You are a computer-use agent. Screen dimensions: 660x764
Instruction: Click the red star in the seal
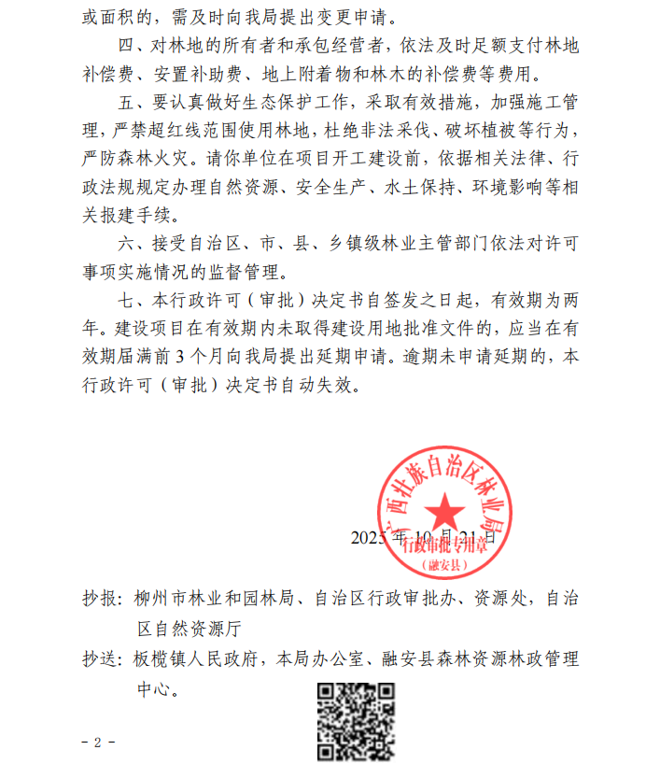tap(444, 511)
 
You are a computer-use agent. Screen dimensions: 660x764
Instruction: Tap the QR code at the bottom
tap(356, 721)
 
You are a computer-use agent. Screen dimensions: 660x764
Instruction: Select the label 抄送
tap(100, 659)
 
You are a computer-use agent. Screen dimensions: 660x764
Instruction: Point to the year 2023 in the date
tap(370, 537)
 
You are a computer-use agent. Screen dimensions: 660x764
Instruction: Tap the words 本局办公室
tap(331, 659)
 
